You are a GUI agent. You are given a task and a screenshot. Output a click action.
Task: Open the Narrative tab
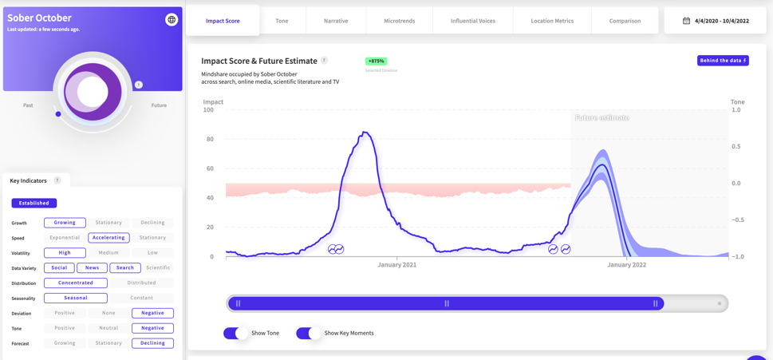[336, 21]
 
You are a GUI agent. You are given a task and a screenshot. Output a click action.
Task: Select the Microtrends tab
[399, 21]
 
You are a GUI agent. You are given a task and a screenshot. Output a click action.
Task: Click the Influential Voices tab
[472, 21]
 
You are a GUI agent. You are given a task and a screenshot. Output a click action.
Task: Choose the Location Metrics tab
[552, 21]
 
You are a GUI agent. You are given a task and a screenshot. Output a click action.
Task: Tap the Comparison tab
[625, 21]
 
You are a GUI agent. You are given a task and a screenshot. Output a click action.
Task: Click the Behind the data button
[723, 61]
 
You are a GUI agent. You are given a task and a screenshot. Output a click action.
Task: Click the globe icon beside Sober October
[172, 19]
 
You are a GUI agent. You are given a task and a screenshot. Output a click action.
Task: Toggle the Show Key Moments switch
[309, 333]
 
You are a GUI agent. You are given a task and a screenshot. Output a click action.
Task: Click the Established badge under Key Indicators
[34, 203]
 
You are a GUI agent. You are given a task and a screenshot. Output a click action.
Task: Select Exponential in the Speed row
[65, 237]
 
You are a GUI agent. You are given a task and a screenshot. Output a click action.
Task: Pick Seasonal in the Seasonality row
[76, 298]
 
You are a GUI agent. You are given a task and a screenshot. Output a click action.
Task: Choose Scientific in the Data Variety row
[158, 267]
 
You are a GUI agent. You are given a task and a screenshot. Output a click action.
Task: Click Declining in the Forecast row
[152, 343]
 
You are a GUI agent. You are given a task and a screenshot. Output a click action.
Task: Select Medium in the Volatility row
[108, 252]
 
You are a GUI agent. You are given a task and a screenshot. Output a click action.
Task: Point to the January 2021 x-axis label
[397, 265]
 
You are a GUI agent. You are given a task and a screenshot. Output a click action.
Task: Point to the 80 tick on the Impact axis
[210, 139]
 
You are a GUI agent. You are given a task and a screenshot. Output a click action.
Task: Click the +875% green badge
[376, 61]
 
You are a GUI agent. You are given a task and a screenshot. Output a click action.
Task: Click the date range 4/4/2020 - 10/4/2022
[715, 21]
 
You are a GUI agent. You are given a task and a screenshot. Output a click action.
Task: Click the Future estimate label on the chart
[601, 117]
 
